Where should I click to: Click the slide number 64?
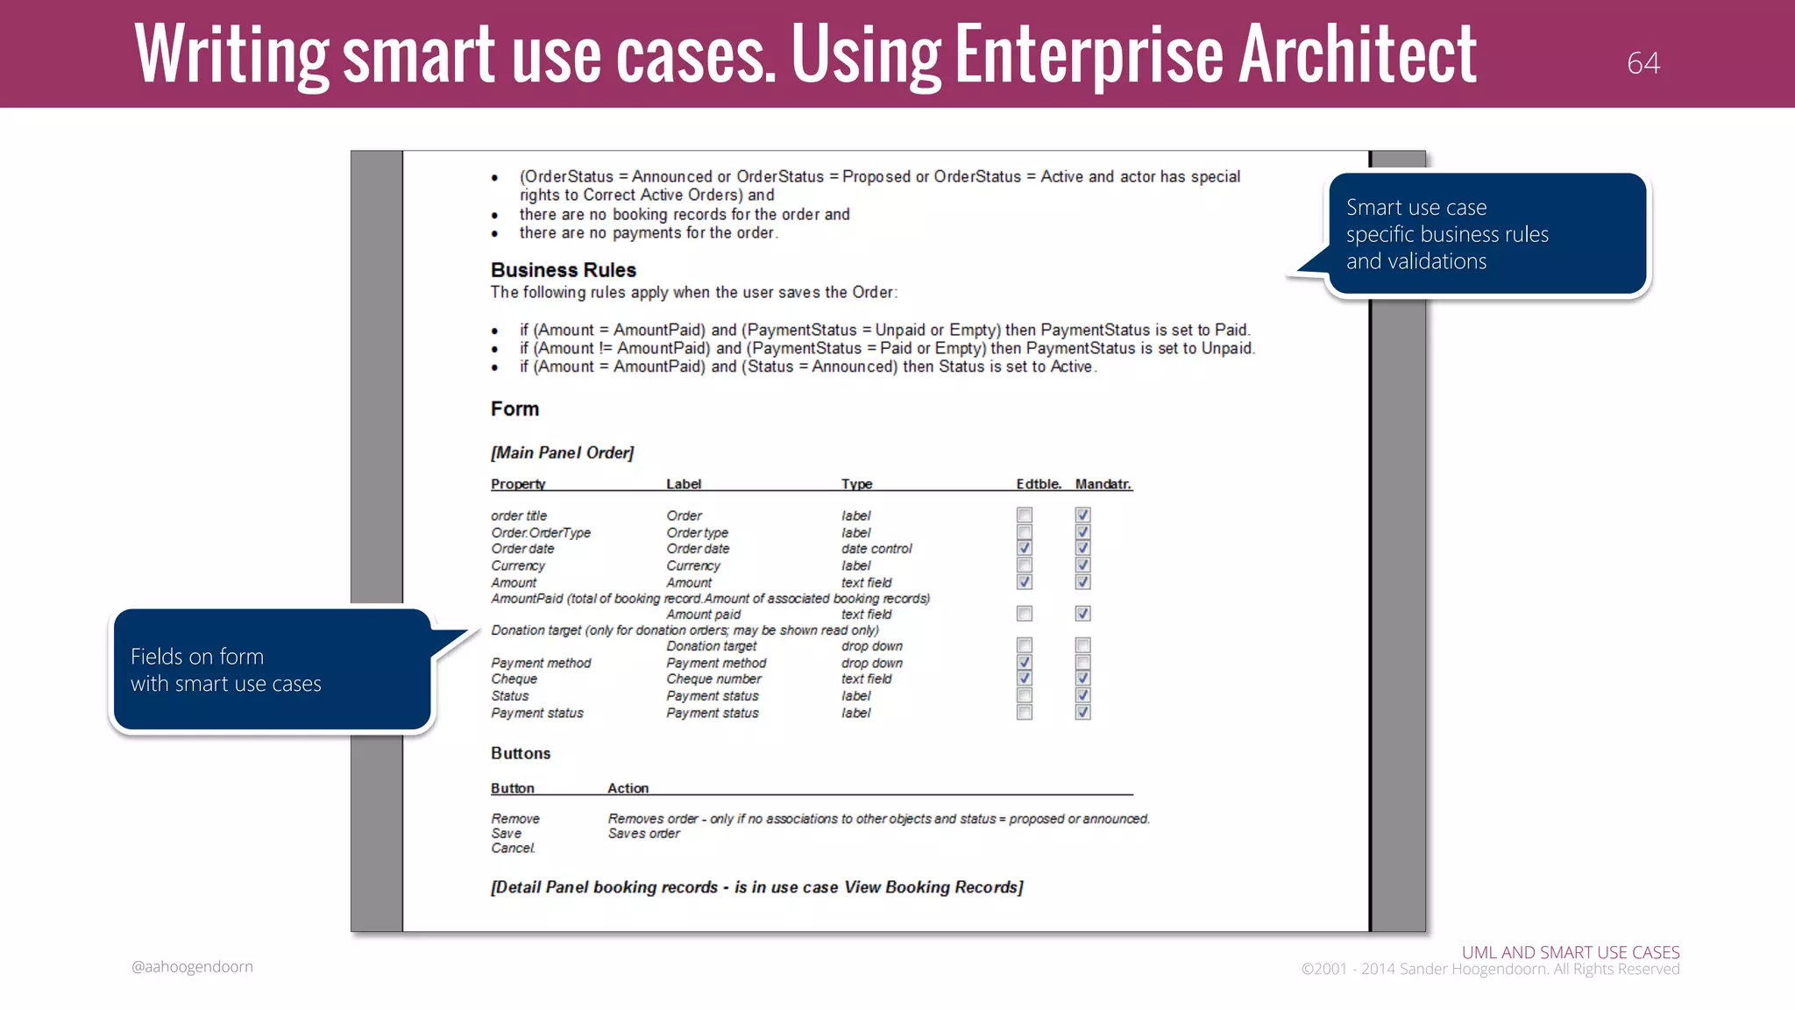point(1642,63)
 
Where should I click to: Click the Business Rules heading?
point(563,270)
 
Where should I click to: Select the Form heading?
point(514,409)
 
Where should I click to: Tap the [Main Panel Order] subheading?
point(562,452)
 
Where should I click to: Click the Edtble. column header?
point(1038,484)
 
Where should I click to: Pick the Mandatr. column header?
point(1103,484)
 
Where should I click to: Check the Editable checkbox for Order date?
point(1024,548)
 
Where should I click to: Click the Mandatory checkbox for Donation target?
point(1082,645)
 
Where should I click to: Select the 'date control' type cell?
point(876,549)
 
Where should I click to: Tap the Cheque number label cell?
point(713,679)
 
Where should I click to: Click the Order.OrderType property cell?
point(541,532)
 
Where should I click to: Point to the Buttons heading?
point(521,753)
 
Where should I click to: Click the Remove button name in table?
point(515,818)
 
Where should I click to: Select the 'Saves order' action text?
point(644,834)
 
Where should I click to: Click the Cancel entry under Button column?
point(513,848)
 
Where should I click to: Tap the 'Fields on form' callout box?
point(272,670)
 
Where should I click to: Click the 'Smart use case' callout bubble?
point(1486,233)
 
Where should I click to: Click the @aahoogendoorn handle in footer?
point(192,966)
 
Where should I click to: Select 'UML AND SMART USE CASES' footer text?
point(1570,952)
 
